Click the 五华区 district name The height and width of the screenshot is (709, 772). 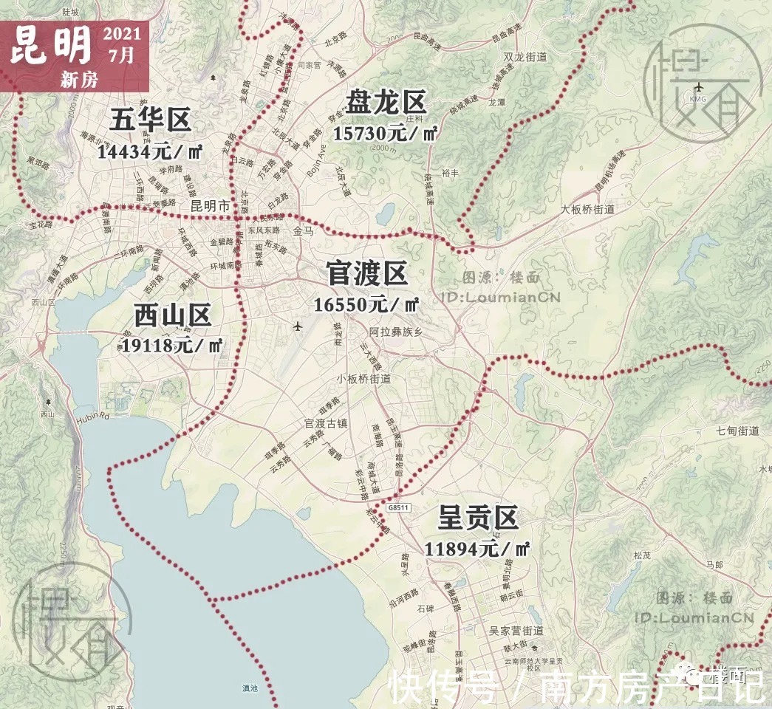pyautogui.click(x=151, y=120)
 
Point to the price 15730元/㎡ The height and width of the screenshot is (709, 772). pyautogui.click(x=386, y=133)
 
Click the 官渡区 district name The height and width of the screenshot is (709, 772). pyautogui.click(x=367, y=273)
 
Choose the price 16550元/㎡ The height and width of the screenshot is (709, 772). pyautogui.click(x=366, y=304)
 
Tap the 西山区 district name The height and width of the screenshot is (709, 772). pyautogui.click(x=173, y=315)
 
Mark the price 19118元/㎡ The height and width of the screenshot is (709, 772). pyautogui.click(x=172, y=344)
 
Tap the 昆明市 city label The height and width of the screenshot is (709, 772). pyautogui.click(x=211, y=206)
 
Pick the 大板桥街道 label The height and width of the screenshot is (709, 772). pyautogui.click(x=587, y=209)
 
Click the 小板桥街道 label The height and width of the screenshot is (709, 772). pyautogui.click(x=363, y=379)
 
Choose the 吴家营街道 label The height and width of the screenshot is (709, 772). pyautogui.click(x=516, y=631)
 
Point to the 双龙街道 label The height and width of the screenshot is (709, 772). pyautogui.click(x=525, y=57)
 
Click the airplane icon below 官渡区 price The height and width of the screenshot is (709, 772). pyautogui.click(x=297, y=326)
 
